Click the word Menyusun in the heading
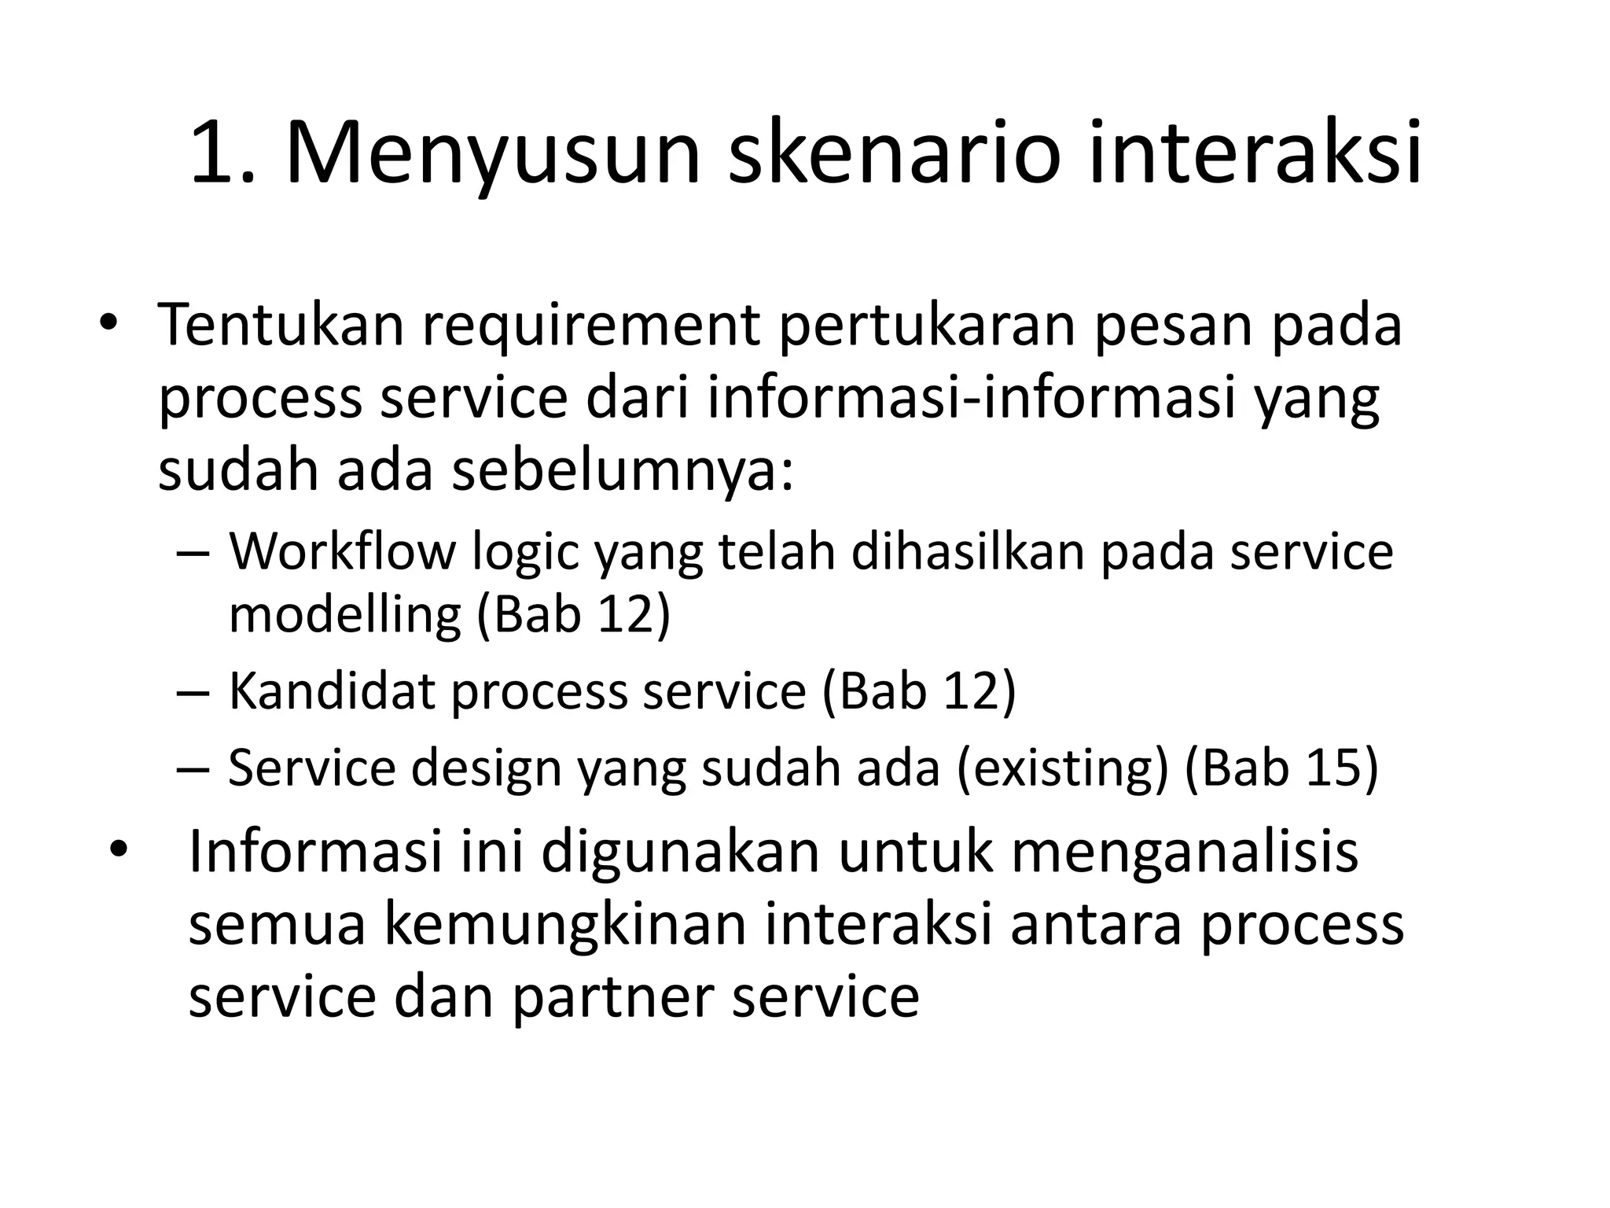coord(492,153)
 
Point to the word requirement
coord(590,325)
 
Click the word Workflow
coord(342,551)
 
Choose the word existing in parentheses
coord(1063,768)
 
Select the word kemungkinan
coord(564,925)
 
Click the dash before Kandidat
coord(193,692)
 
